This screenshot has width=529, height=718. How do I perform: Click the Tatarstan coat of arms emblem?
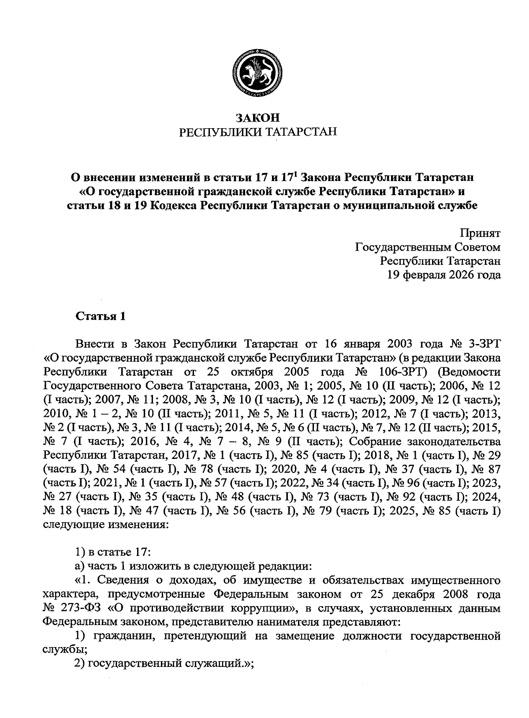click(258, 73)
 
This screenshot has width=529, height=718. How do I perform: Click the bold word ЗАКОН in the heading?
click(258, 118)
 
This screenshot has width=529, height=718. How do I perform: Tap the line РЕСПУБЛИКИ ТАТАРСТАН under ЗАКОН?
click(258, 132)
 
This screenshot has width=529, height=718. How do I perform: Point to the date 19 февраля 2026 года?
click(444, 275)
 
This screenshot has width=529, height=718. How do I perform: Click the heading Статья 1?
click(101, 317)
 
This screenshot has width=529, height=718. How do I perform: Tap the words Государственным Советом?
click(428, 247)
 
